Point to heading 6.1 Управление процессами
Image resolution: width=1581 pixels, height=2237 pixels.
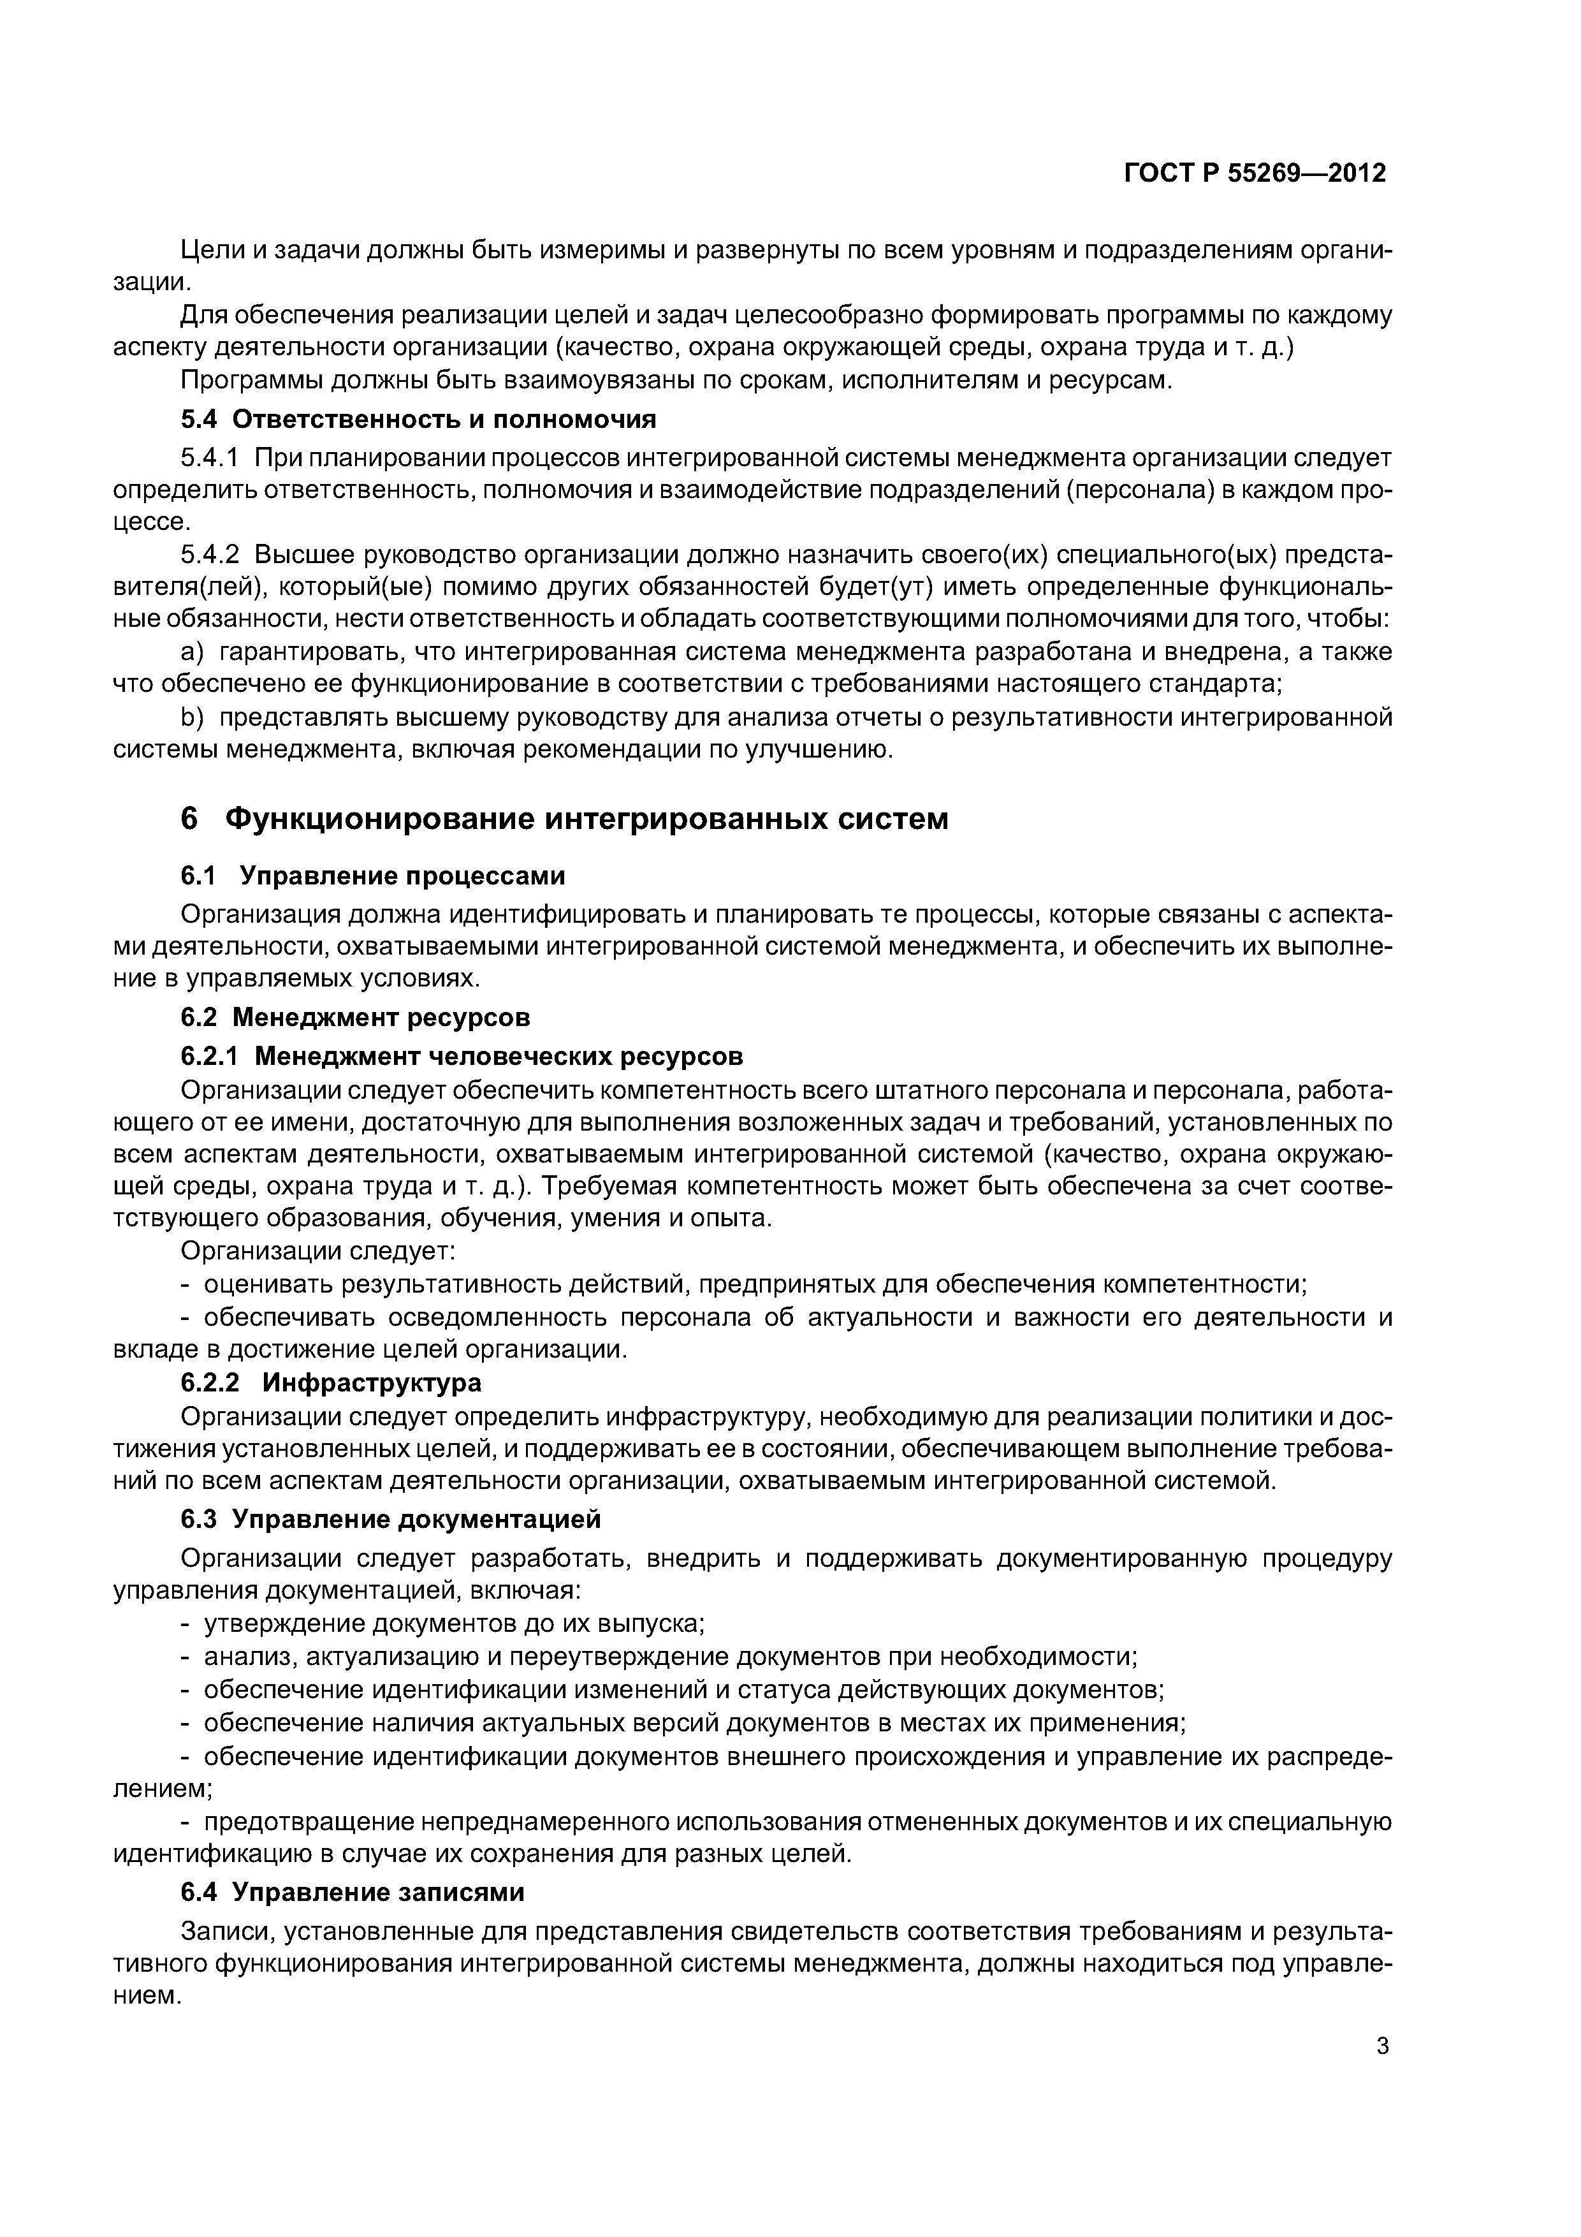coord(372,876)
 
